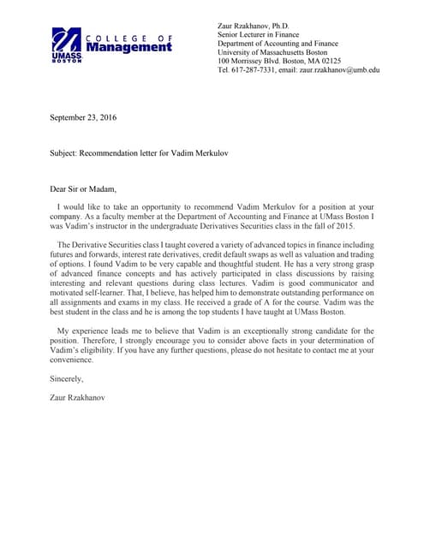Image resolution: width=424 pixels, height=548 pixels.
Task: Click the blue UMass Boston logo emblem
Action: coord(66,42)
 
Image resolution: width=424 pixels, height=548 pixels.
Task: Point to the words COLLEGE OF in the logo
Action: coord(128,38)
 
